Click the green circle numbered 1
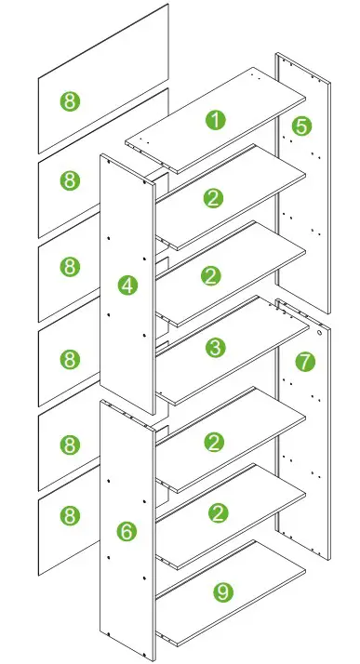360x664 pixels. pos(215,120)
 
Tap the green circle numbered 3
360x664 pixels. pos(215,348)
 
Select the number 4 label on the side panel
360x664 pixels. pos(127,286)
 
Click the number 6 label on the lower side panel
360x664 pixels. pos(127,531)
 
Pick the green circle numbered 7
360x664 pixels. pos(306,361)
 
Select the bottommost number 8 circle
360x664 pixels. pos(70,513)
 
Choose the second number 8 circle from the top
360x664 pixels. pos(70,181)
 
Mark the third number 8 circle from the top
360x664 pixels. pos(70,267)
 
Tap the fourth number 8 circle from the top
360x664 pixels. pos(70,358)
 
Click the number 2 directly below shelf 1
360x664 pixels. pos(215,197)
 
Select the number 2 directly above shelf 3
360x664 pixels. pos(215,275)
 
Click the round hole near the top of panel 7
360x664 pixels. pos(319,330)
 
